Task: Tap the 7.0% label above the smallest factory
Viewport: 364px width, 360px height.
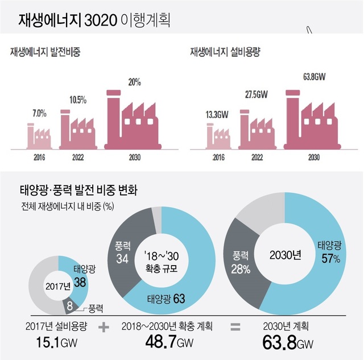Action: [x=39, y=113]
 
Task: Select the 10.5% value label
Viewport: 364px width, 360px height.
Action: [x=78, y=100]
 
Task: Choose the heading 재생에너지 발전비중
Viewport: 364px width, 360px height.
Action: [x=45, y=52]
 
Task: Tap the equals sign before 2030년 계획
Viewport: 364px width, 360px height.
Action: [x=234, y=328]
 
